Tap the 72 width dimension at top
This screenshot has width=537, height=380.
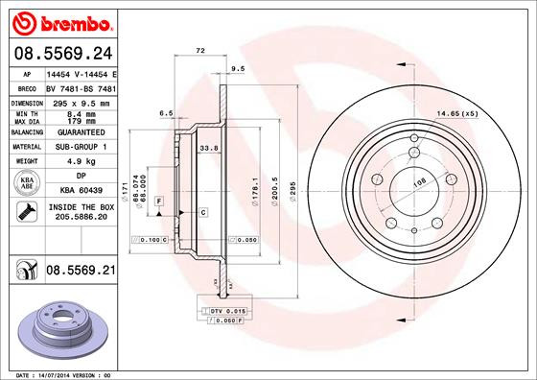(x=200, y=49)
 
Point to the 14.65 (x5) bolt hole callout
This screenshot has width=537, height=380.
(x=457, y=114)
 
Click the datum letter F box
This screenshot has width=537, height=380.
(x=158, y=200)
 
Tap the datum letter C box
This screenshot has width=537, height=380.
(x=204, y=211)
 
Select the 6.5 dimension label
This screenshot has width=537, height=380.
(x=165, y=113)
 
